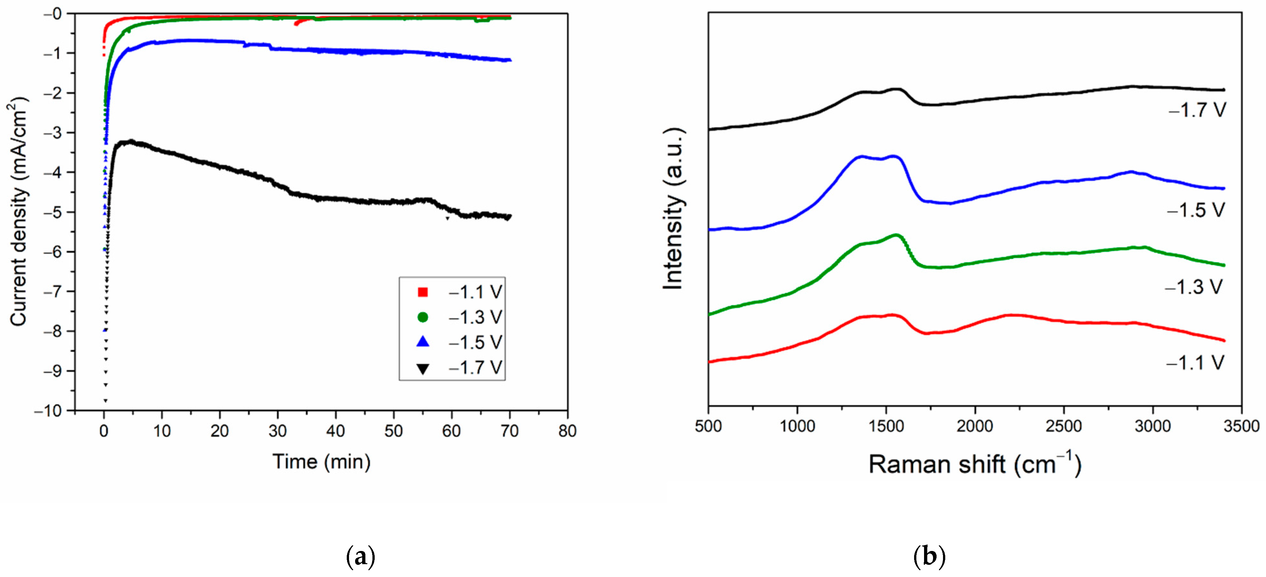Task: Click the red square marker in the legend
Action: pos(423,292)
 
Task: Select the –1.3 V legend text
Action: pos(475,317)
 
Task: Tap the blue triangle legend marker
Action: pos(423,342)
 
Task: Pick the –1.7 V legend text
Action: pos(475,368)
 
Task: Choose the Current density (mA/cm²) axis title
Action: pos(19,211)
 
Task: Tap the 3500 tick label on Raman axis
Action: pos(1241,426)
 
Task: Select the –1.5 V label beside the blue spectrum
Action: pos(1196,210)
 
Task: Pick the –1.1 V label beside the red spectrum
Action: pos(1195,363)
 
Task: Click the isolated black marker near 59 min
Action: pos(447,218)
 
